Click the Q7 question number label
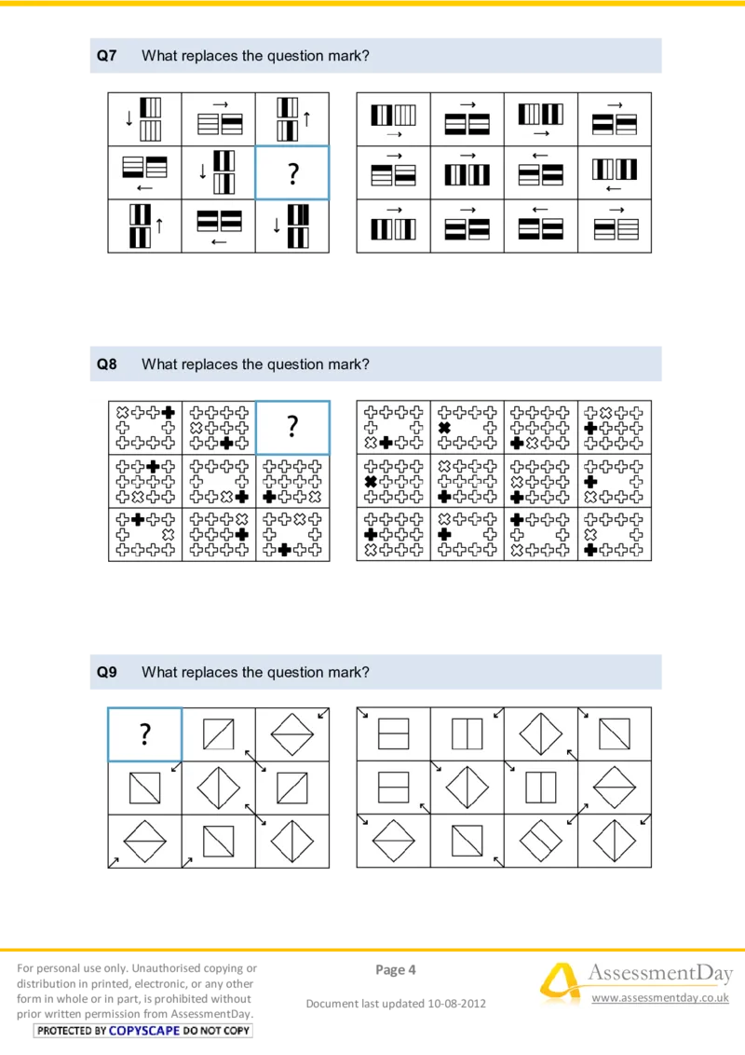[107, 56]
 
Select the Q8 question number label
[107, 364]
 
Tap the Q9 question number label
[107, 672]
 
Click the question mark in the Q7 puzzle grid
[291, 173]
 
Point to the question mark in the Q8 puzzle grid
[291, 427]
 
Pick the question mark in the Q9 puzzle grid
[145, 734]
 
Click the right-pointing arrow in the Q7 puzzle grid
[220, 104]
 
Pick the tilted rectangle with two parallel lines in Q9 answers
[540, 842]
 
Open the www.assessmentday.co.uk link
[659, 998]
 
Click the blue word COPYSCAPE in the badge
[144, 1031]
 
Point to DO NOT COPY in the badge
[217, 1031]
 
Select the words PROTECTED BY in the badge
[73, 1031]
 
